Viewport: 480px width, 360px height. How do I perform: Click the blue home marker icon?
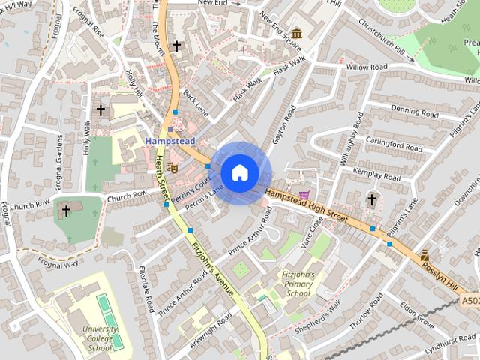240,172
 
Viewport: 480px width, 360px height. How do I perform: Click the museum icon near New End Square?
297,34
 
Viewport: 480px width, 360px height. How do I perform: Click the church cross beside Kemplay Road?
371,199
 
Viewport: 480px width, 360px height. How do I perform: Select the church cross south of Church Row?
66,211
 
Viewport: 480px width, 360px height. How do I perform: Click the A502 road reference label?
469,301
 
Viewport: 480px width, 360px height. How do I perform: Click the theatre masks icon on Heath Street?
172,169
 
